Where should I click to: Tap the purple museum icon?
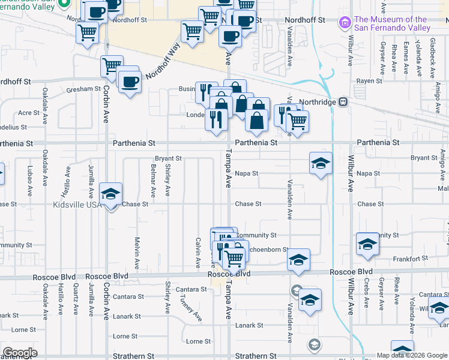(x=345, y=23)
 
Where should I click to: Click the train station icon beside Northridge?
(x=343, y=101)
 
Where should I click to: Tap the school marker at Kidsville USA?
(x=110, y=194)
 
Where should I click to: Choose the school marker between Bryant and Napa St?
(x=321, y=163)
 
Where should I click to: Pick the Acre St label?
(x=28, y=113)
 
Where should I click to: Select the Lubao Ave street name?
(x=29, y=183)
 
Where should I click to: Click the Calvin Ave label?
(x=197, y=252)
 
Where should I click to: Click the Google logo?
(x=20, y=353)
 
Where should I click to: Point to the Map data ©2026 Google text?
(x=411, y=355)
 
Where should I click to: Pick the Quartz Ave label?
(x=75, y=298)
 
